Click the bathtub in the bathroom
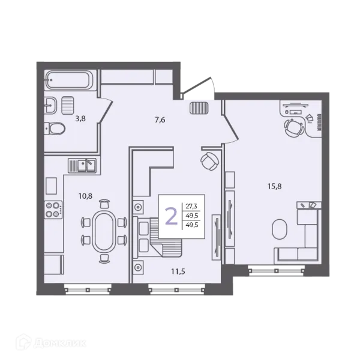[69, 80]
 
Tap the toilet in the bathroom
[55, 129]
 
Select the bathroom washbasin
[50, 105]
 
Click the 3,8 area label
[80, 118]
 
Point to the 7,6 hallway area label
[160, 120]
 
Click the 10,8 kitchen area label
[86, 196]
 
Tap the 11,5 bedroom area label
[178, 272]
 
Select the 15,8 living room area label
[275, 186]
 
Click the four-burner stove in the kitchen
[53, 210]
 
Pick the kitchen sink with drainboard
[82, 165]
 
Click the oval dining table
[104, 231]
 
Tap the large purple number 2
[172, 216]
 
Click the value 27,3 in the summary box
[191, 206]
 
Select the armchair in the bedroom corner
[209, 162]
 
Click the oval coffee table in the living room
[280, 229]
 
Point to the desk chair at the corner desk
[293, 127]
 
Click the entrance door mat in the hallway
[199, 108]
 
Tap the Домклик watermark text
[60, 343]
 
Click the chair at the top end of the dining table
[104, 204]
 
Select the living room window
[276, 271]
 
